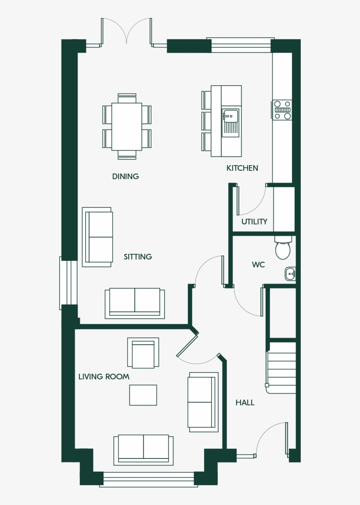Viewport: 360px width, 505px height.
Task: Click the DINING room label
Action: (126, 177)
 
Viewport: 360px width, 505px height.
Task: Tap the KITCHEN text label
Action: (242, 168)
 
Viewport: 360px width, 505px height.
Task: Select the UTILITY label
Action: (254, 222)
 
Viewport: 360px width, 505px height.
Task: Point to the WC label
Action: (258, 265)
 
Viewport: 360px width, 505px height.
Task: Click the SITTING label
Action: (137, 256)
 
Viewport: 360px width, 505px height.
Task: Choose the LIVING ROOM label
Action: (104, 377)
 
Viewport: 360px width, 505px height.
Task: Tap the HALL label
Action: (245, 403)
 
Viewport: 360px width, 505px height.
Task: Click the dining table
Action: (126, 126)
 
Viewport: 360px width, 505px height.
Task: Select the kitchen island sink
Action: (230, 116)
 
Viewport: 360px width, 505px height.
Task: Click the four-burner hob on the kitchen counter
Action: (282, 110)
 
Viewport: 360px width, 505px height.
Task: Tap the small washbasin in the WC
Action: (290, 274)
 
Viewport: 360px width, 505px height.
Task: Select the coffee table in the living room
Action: (143, 395)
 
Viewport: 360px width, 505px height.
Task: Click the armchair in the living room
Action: (143, 353)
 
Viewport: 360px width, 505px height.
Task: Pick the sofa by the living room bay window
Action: (143, 449)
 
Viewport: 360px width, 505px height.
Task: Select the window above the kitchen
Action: (240, 45)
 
